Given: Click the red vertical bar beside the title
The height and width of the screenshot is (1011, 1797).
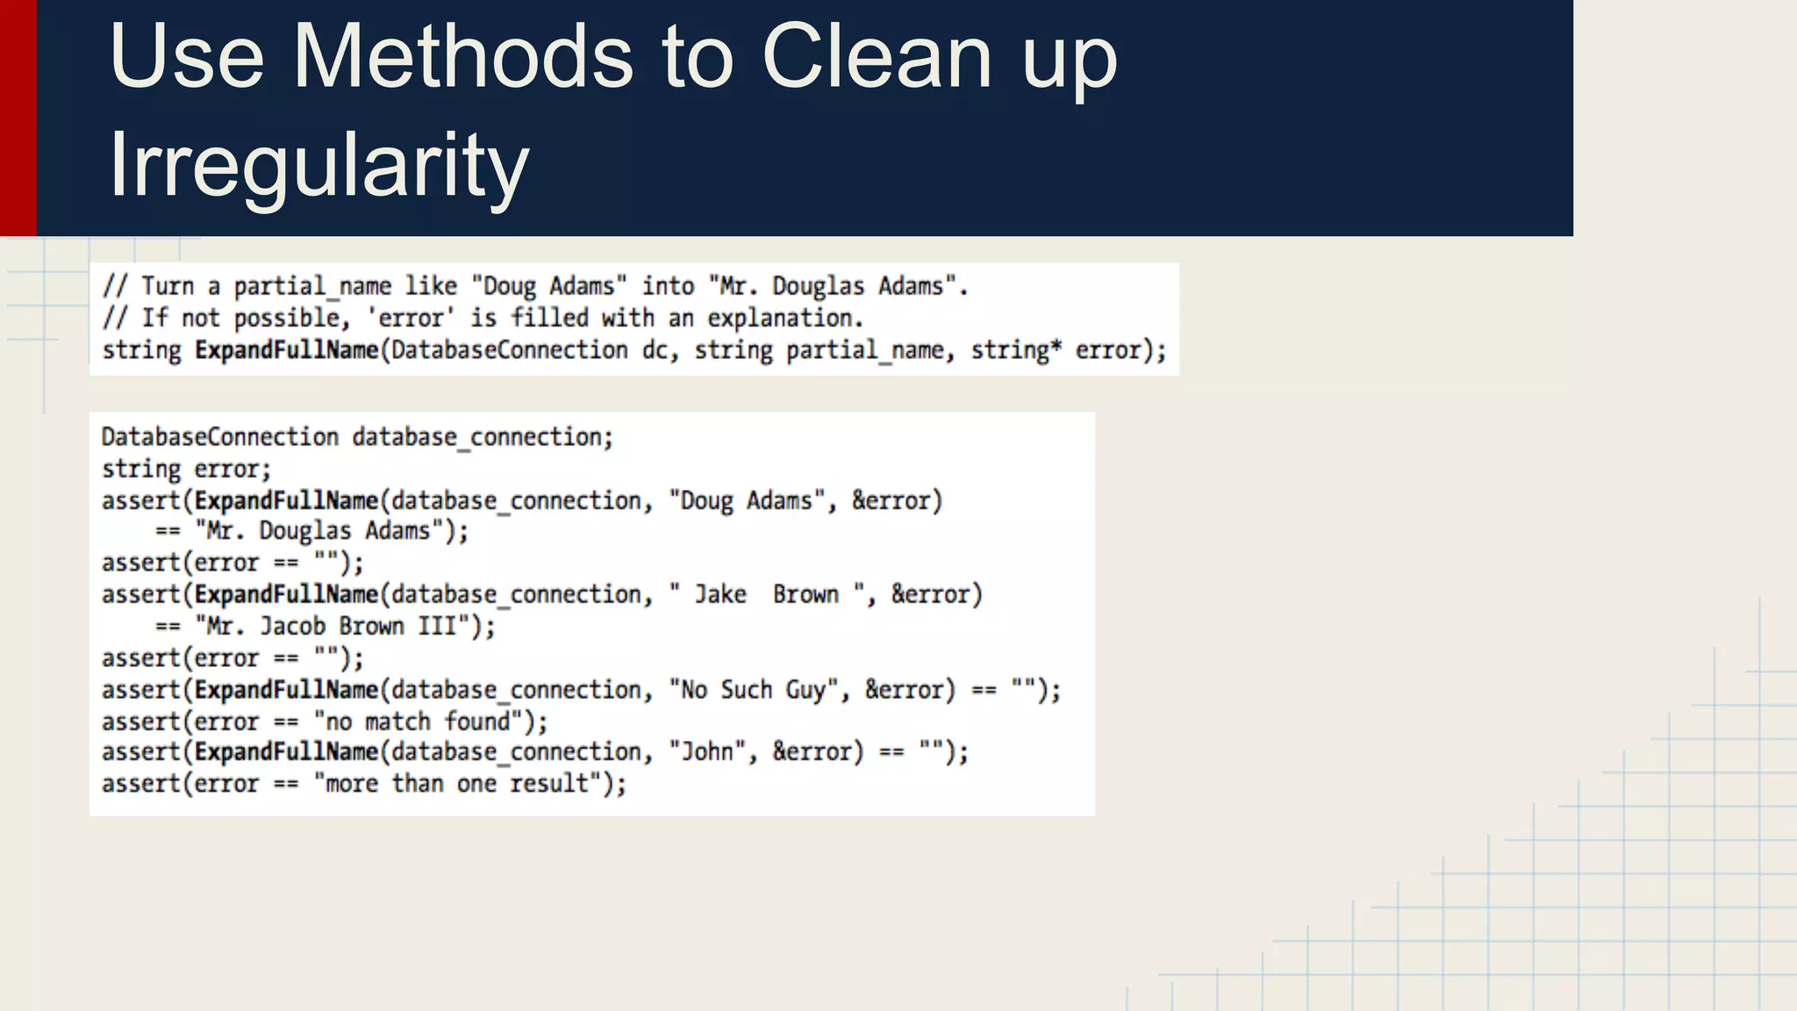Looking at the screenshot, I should (x=18, y=118).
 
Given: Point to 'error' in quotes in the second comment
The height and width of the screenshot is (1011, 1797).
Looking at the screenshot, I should (x=411, y=318).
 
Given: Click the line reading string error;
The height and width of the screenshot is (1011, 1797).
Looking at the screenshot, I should (x=186, y=470).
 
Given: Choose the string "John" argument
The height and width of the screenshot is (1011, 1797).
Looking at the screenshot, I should (x=707, y=752).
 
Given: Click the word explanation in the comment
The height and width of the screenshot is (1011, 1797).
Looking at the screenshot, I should (x=784, y=318).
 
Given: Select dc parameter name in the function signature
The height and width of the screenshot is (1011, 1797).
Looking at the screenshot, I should (x=655, y=351).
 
